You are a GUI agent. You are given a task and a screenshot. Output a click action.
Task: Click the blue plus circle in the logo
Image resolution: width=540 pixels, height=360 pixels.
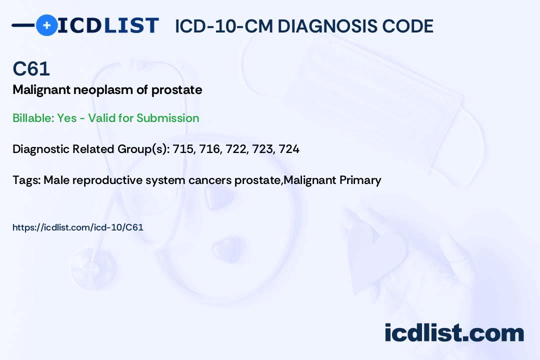tap(46, 25)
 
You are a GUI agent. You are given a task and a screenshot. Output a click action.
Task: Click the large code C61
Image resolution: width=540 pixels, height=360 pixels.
tap(31, 68)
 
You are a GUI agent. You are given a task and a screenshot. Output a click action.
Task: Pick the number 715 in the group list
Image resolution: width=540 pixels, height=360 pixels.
tap(182, 149)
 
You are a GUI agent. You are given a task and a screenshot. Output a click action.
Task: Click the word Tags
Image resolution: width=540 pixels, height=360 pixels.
tap(25, 180)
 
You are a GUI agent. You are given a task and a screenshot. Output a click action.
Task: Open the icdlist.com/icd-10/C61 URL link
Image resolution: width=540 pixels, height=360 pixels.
tap(77, 227)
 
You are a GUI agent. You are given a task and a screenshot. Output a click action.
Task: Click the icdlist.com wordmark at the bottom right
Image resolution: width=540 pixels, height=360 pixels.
tap(454, 333)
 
